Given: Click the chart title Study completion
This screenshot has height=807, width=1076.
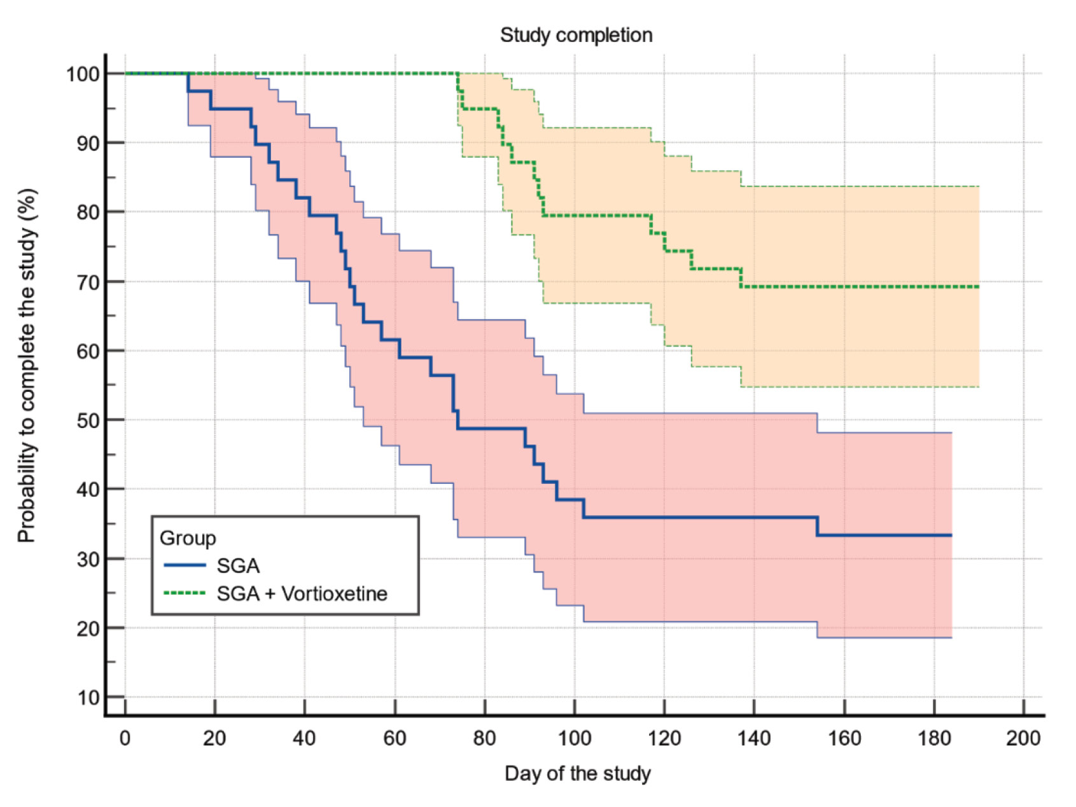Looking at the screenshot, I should click(x=576, y=35).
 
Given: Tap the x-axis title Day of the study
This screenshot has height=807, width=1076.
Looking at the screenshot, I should click(x=577, y=773).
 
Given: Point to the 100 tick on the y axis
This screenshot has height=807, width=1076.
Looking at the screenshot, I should click(x=83, y=74).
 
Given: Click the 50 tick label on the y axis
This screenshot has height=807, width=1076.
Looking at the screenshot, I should click(x=88, y=420).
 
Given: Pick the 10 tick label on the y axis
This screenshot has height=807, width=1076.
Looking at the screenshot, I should click(x=88, y=698).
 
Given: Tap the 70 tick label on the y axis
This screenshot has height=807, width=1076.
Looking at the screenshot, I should click(x=88, y=282).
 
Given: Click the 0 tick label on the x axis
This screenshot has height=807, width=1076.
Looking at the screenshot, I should click(x=125, y=738).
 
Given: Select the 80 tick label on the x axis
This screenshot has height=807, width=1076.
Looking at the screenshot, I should click(x=484, y=738).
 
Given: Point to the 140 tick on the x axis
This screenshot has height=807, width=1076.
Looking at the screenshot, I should click(x=754, y=738).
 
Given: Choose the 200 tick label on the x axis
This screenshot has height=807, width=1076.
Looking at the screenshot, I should click(x=1023, y=738).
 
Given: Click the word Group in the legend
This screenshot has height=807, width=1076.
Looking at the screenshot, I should click(x=188, y=538).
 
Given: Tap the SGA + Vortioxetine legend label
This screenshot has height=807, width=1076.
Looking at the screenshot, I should click(x=302, y=593).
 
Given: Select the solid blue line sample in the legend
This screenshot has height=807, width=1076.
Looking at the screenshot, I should click(x=185, y=565).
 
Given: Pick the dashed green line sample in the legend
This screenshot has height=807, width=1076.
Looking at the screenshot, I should click(x=185, y=593).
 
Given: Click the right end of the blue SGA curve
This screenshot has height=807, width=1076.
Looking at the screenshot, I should click(x=951, y=535).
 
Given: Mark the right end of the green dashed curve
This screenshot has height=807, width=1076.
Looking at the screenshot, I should click(x=978, y=287).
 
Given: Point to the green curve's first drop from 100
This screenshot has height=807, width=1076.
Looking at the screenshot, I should click(x=458, y=83).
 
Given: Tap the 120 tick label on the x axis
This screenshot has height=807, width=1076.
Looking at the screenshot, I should click(x=664, y=738).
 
